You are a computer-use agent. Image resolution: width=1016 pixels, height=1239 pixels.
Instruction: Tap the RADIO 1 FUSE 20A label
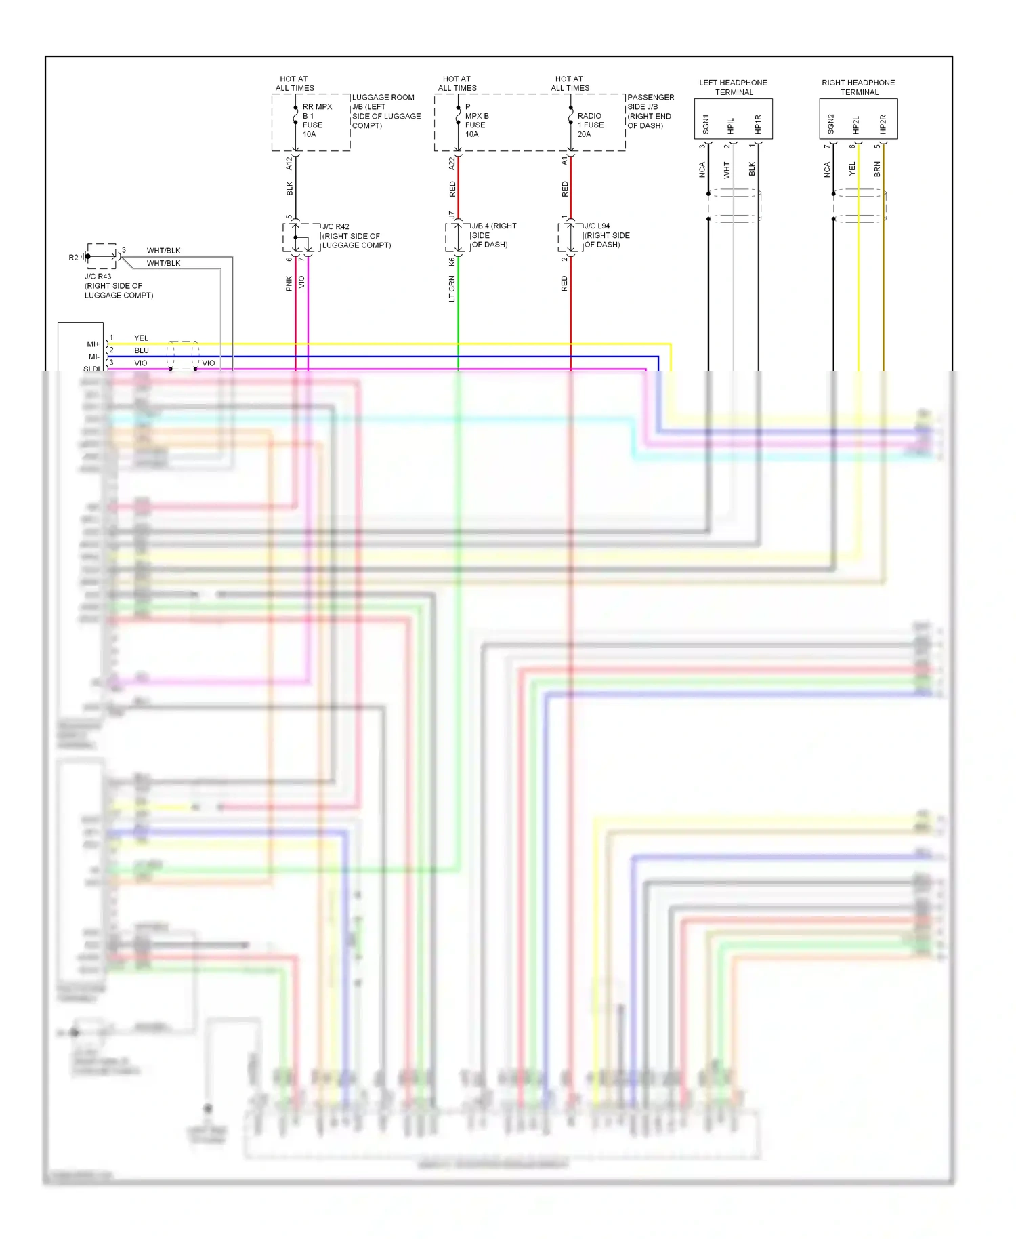pos(590,125)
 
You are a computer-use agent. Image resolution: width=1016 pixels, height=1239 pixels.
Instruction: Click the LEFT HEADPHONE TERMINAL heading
pos(733,87)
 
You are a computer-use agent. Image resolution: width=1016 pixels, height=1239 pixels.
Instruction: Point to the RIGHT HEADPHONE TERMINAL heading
pos(858,87)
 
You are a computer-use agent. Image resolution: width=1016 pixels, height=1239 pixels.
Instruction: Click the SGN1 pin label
pos(706,124)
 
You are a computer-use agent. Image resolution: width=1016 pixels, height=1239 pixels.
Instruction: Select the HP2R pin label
pos(883,124)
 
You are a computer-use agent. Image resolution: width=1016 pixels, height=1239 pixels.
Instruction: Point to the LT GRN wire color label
pos(452,288)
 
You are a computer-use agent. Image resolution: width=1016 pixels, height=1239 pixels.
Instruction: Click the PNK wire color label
pos(289,283)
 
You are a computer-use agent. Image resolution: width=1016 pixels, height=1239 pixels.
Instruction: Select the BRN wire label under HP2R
pos(877,169)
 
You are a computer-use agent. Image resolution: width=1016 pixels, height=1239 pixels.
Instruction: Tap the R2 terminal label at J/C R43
pos(73,258)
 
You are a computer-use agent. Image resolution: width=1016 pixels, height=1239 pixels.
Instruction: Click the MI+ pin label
pos(93,344)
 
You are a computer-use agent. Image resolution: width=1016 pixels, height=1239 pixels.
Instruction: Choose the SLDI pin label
pos(91,369)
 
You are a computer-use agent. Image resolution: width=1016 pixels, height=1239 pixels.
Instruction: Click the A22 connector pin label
pos(452,163)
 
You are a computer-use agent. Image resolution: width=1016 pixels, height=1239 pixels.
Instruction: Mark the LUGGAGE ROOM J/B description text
pos(385,111)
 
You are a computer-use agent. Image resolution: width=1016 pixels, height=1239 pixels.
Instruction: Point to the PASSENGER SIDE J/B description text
pos(650,111)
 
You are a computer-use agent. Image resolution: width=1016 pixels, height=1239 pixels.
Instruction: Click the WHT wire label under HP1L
pos(727,169)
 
